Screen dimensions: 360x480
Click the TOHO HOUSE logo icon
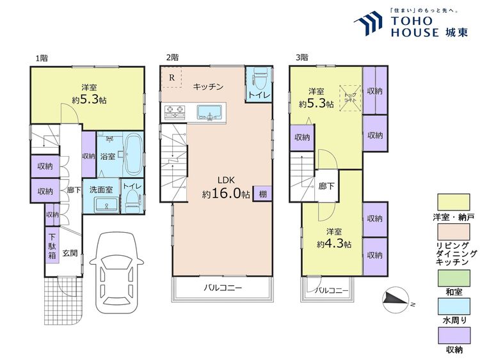click(x=367, y=24)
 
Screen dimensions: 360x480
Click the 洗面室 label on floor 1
click(x=100, y=189)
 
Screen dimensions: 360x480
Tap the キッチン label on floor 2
click(x=207, y=87)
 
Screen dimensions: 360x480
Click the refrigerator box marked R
click(x=172, y=78)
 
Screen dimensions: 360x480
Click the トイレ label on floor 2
click(x=259, y=95)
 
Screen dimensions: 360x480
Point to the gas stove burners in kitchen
click(x=173, y=113)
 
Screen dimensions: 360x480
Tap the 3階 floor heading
click(x=302, y=58)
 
